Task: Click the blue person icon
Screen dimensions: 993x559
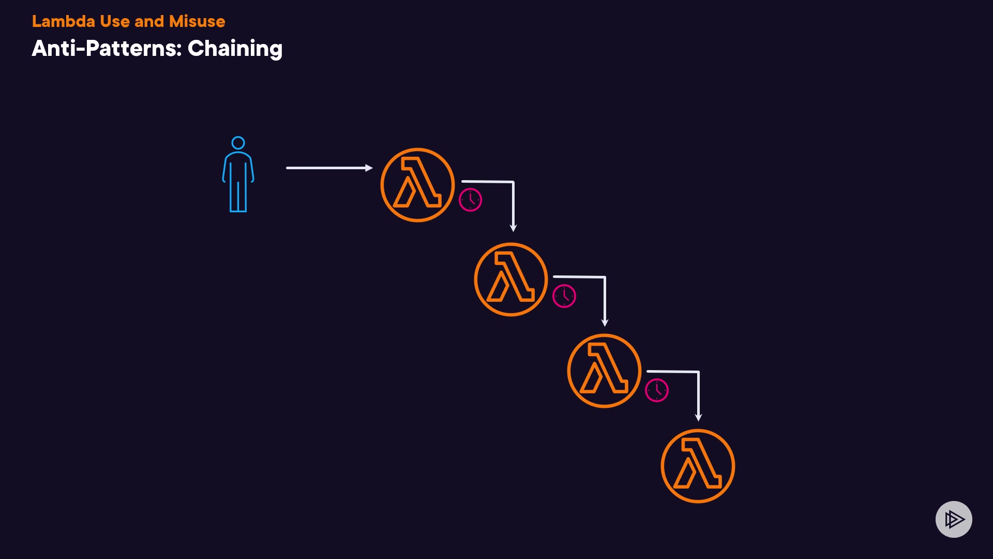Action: [238, 176]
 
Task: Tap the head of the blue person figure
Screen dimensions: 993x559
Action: [238, 143]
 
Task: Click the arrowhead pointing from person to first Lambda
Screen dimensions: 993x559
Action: [369, 168]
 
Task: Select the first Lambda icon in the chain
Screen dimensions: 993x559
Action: [417, 185]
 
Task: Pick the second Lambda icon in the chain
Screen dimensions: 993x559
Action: [511, 279]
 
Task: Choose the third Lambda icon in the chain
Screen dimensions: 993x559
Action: [604, 371]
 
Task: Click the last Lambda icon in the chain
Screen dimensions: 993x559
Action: [698, 466]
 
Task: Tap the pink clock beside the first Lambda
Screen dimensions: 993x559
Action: [470, 200]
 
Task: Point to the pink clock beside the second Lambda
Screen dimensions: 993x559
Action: [564, 296]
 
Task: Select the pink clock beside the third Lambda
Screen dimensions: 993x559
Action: [657, 390]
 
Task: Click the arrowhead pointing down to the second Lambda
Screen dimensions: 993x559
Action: [513, 228]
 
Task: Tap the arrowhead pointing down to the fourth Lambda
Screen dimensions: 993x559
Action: [698, 417]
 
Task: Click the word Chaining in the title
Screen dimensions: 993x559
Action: [235, 49]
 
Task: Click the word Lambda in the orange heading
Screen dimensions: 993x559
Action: [63, 21]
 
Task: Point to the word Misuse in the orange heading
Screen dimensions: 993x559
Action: [197, 21]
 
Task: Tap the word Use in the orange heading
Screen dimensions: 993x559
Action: [114, 21]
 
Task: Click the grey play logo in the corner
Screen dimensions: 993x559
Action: [954, 519]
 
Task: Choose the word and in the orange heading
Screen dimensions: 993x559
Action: [149, 21]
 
